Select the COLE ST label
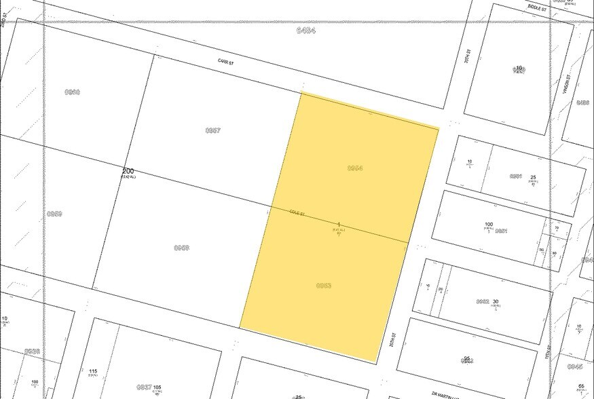click(297, 213)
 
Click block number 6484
click(305, 31)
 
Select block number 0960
click(72, 92)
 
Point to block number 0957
click(212, 130)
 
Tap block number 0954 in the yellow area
click(355, 168)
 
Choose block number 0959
click(54, 214)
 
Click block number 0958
click(181, 248)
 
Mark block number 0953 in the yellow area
click(324, 286)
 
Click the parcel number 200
click(128, 171)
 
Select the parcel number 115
click(93, 371)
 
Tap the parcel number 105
click(157, 387)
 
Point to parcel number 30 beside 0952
click(496, 302)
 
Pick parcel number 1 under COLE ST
click(339, 225)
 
